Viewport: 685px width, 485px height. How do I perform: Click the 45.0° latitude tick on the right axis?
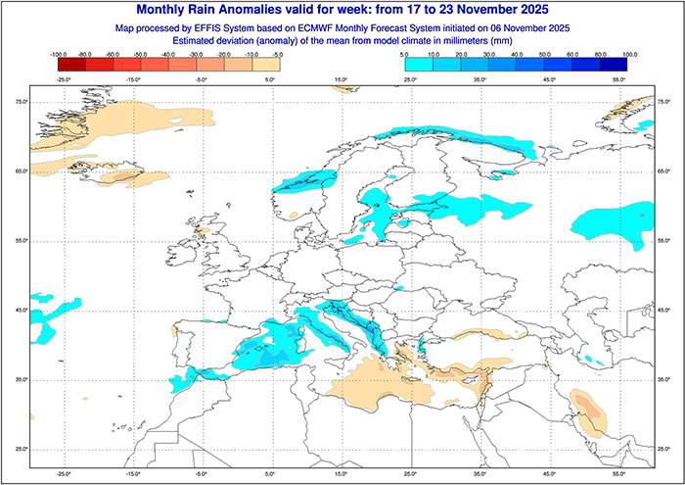point(665,310)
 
